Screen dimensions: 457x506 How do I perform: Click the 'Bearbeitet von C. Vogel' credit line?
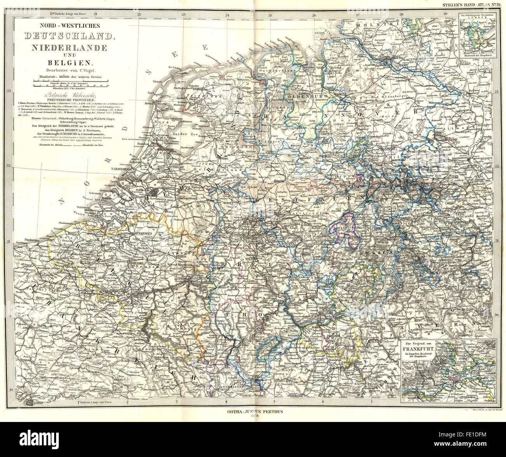pos(69,70)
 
